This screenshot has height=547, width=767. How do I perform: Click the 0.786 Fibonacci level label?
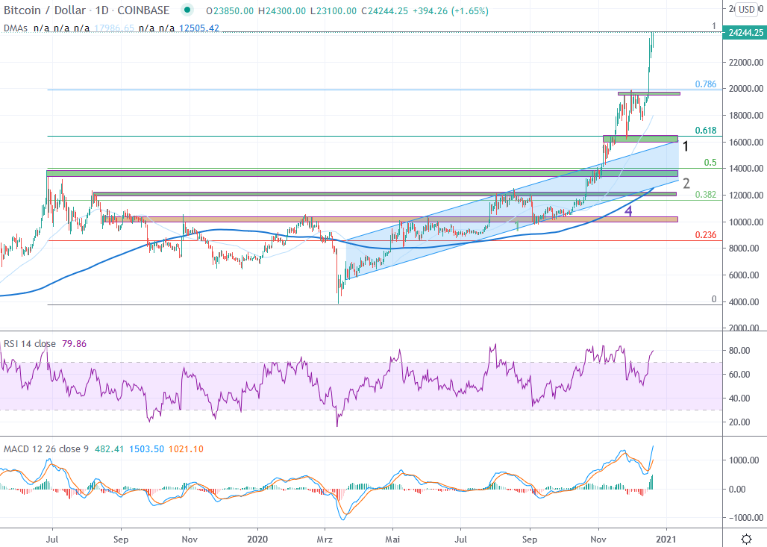[706, 84]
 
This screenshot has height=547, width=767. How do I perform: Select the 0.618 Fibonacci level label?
[706, 131]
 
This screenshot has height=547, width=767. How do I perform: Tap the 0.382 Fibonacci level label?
[706, 195]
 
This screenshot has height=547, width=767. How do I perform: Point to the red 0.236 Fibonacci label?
[706, 234]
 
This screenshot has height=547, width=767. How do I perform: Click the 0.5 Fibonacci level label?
[710, 163]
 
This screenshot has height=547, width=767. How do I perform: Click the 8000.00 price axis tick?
[746, 249]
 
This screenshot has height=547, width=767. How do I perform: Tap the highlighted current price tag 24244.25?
[745, 33]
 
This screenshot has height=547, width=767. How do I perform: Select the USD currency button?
[745, 10]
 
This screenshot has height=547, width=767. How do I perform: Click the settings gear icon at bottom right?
[745, 538]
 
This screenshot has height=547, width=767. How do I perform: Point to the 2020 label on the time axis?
[257, 537]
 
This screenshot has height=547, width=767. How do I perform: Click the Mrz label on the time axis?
[325, 537]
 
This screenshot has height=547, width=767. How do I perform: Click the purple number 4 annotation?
[628, 211]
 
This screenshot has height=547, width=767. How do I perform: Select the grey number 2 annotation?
[686, 184]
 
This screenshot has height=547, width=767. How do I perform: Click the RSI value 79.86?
[74, 344]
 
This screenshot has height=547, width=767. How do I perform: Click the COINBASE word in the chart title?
[145, 10]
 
